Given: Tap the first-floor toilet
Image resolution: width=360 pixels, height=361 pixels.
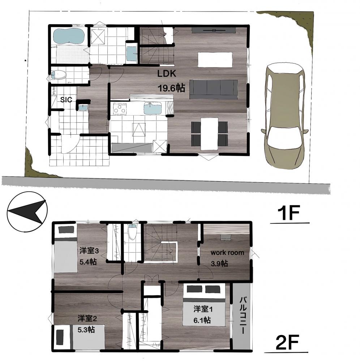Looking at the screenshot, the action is click(x=59, y=75).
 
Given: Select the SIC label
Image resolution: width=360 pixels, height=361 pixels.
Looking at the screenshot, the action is click(x=66, y=100).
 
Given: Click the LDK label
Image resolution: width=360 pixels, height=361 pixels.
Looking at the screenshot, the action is click(x=167, y=74).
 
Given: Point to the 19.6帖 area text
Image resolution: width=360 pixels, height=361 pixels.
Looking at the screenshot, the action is click(x=171, y=88).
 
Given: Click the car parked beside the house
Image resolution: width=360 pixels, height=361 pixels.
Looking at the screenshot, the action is click(x=284, y=116).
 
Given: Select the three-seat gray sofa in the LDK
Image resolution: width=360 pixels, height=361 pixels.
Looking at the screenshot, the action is click(x=214, y=89).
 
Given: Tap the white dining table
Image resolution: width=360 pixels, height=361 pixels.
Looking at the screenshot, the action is click(x=209, y=134).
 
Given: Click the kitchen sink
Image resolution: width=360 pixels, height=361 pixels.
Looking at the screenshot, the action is click(x=153, y=108).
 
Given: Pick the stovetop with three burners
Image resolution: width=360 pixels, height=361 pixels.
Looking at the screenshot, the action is click(x=120, y=109).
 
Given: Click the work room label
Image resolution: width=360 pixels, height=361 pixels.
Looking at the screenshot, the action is click(x=227, y=253).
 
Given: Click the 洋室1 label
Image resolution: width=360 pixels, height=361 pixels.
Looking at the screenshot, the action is click(x=203, y=309).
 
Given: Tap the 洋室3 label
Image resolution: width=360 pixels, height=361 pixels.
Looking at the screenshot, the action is click(x=89, y=251).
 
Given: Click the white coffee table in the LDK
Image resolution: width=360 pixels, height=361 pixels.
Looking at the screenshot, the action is click(x=215, y=60).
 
